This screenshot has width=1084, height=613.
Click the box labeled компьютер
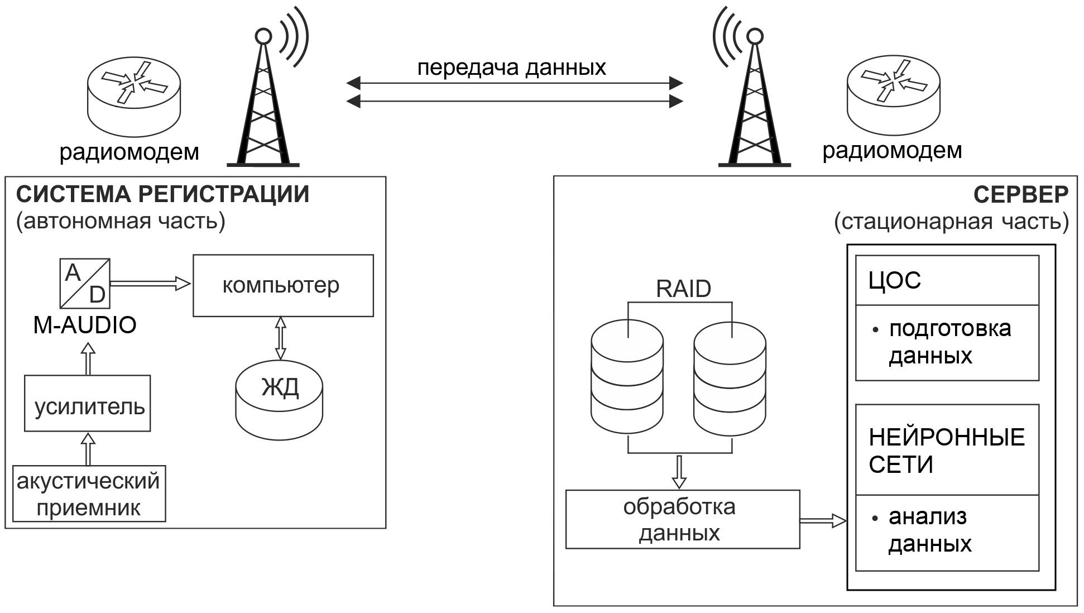pyautogui.click(x=283, y=285)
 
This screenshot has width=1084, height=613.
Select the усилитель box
pyautogui.click(x=88, y=403)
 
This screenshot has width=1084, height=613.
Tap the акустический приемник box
pyautogui.click(x=89, y=494)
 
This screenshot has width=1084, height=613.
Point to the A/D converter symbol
pyautogui.click(x=85, y=283)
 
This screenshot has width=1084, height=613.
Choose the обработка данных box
pyautogui.click(x=682, y=519)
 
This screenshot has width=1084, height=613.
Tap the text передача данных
pyautogui.click(x=511, y=68)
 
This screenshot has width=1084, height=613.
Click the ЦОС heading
pyautogui.click(x=895, y=280)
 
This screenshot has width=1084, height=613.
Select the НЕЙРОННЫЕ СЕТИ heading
pyautogui.click(x=947, y=451)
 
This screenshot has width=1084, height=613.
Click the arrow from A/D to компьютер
pyautogui.click(x=150, y=284)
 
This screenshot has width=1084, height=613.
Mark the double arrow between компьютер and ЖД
pyautogui.click(x=280, y=338)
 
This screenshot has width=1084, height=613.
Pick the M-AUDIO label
pyautogui.click(x=85, y=325)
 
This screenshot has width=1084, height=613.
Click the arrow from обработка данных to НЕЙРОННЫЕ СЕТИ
pyautogui.click(x=823, y=521)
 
